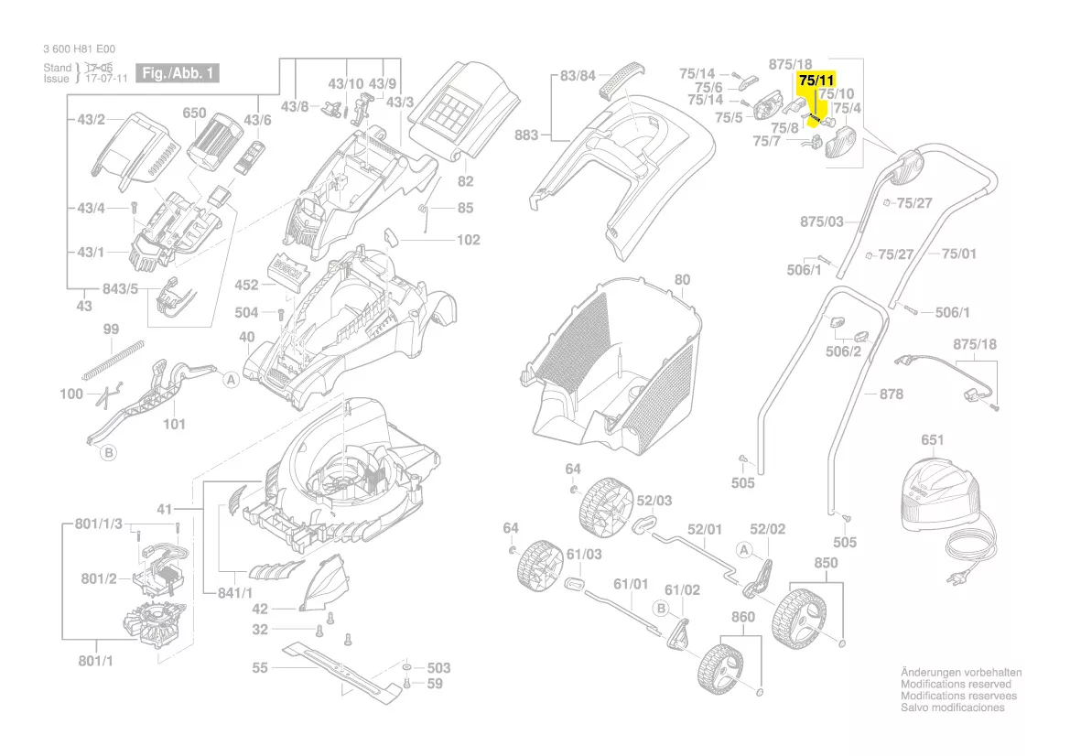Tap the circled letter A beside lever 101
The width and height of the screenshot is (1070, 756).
point(232,379)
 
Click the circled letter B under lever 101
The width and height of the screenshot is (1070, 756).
point(108,451)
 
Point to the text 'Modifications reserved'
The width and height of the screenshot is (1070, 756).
point(957,684)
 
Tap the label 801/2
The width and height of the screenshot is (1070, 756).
point(98,578)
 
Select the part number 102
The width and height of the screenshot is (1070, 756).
point(468,241)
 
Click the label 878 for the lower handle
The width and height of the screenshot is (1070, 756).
point(891,394)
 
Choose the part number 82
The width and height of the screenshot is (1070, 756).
point(465,181)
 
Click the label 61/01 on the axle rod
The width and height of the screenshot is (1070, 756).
point(630,583)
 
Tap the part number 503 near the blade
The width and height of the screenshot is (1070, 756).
point(439,668)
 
